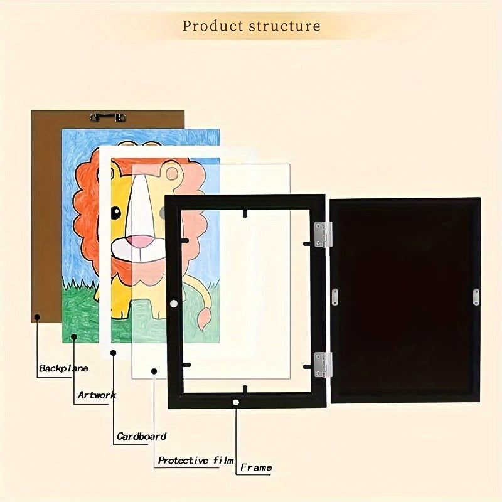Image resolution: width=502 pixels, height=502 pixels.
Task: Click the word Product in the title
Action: pyautogui.click(x=212, y=26)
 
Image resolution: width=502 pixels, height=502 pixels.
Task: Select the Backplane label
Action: pyautogui.click(x=63, y=368)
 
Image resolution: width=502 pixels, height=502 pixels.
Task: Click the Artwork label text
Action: pyautogui.click(x=97, y=395)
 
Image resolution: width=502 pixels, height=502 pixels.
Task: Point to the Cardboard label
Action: pyautogui.click(x=141, y=436)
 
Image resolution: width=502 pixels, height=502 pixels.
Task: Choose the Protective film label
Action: pyautogui.click(x=195, y=461)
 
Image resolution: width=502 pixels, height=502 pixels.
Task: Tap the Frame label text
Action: pyautogui.click(x=256, y=467)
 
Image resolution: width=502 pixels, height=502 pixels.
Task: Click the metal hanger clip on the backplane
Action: pyautogui.click(x=108, y=117)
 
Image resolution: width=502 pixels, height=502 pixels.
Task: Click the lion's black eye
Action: pyautogui.click(x=116, y=213)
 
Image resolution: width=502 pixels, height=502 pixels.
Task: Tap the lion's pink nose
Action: pyautogui.click(x=144, y=242)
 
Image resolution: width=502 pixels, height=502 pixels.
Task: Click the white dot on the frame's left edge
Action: pyautogui.click(x=173, y=304)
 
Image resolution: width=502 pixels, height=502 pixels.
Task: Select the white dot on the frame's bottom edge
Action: pyautogui.click(x=236, y=402)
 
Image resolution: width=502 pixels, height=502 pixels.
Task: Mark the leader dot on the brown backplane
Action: pyautogui.click(x=37, y=318)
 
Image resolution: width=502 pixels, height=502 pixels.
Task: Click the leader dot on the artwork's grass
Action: pyautogui.click(x=73, y=338)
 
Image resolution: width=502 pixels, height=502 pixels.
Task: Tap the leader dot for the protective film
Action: pyautogui.click(x=154, y=371)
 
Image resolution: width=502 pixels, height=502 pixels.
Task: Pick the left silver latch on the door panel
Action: pyautogui.click(x=334, y=297)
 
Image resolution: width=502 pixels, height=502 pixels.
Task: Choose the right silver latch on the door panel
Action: pyautogui.click(x=476, y=297)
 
